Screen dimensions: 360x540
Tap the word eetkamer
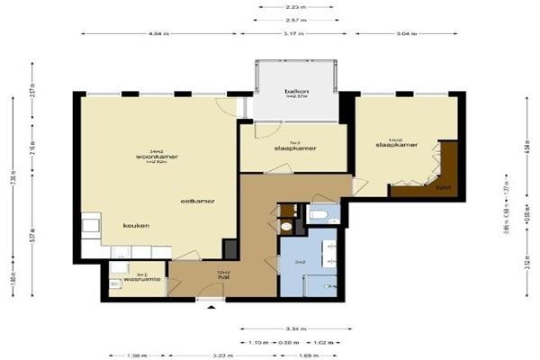[x=195, y=200]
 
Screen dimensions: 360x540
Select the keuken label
[x=137, y=225]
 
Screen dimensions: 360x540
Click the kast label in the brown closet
[x=443, y=188]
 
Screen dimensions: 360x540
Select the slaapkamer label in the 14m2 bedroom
[x=394, y=144]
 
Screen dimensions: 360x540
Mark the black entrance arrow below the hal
[x=211, y=308]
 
